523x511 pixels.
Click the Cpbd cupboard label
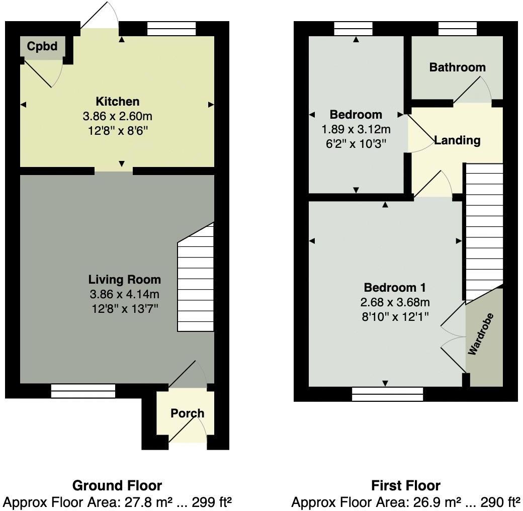42,47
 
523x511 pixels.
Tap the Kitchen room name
118,101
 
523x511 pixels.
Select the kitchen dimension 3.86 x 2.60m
118,117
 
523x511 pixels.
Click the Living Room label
125,280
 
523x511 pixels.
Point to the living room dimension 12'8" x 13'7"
125,308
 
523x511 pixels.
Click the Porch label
187,413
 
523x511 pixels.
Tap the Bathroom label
457,67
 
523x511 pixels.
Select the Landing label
457,140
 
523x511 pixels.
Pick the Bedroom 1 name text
395,288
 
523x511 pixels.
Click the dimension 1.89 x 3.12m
356,130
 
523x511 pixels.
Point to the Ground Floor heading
117,485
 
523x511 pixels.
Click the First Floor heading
405,485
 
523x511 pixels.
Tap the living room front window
83,391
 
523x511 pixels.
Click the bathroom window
457,29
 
